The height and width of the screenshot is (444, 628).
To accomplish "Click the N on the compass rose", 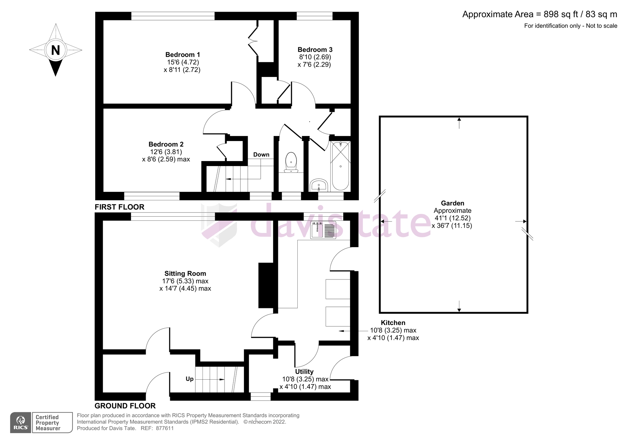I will click(x=56, y=50).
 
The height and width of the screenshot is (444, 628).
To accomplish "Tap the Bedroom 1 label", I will click(x=182, y=55).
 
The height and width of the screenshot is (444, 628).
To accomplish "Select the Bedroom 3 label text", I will click(x=315, y=50).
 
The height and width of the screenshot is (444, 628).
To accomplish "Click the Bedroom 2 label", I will click(x=166, y=144).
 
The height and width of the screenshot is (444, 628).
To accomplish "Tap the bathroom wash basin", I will click(x=319, y=185).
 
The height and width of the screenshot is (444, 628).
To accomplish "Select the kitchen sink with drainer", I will click(x=323, y=230).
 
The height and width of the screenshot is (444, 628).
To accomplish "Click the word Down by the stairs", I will click(x=261, y=154).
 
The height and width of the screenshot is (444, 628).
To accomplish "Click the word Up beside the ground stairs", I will click(x=189, y=379).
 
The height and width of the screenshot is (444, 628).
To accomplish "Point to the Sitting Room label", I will click(x=185, y=273).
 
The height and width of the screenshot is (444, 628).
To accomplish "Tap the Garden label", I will click(x=452, y=203).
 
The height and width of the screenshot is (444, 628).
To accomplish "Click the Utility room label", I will click(x=304, y=372).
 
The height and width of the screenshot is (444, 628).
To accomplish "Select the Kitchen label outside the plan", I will click(x=393, y=323).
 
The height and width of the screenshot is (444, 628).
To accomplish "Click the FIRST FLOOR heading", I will click(x=120, y=207).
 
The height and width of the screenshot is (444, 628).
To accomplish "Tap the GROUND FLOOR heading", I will click(x=125, y=406).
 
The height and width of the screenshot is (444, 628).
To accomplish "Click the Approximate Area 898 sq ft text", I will click(x=539, y=14).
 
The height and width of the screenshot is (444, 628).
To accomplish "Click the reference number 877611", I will click(x=164, y=428).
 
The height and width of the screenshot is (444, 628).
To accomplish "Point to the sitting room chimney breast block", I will click(x=266, y=285).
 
